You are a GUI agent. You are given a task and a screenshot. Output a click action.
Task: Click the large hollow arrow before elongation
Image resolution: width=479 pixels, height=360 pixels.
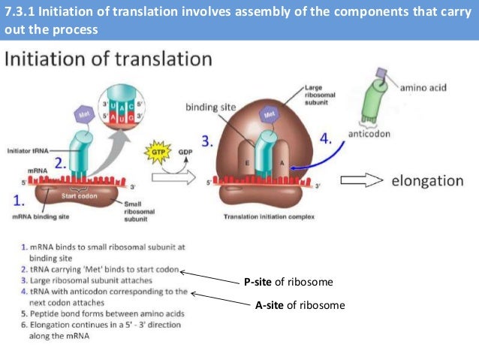(362, 180)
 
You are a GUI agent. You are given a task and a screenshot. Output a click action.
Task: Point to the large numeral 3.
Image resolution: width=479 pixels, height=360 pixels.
(207, 141)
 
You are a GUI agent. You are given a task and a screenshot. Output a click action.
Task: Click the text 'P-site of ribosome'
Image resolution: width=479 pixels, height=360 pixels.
(288, 282)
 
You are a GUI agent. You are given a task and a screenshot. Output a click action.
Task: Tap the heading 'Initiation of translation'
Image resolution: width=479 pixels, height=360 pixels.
(109, 59)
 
